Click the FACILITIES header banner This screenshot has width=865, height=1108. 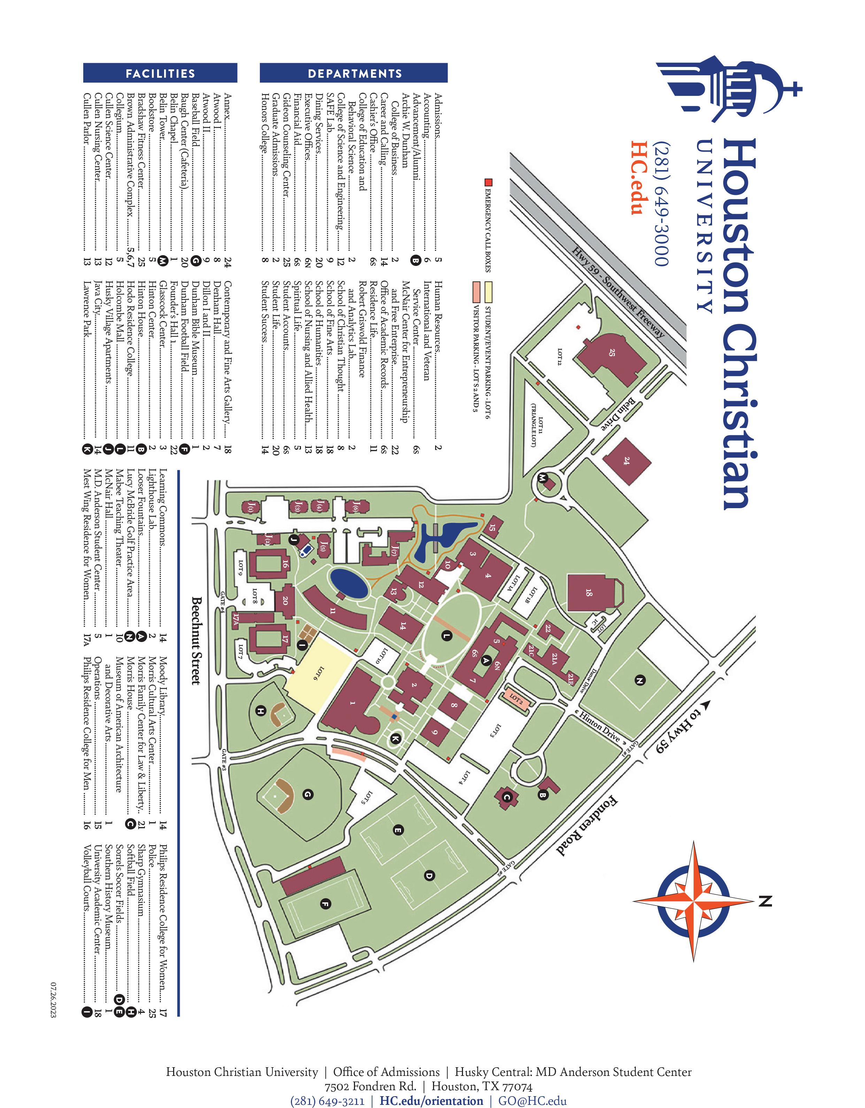pos(160,73)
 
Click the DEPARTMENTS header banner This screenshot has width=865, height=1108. pos(354,73)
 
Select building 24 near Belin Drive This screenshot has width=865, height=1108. pos(627,461)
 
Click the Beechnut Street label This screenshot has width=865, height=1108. pos(196,641)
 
